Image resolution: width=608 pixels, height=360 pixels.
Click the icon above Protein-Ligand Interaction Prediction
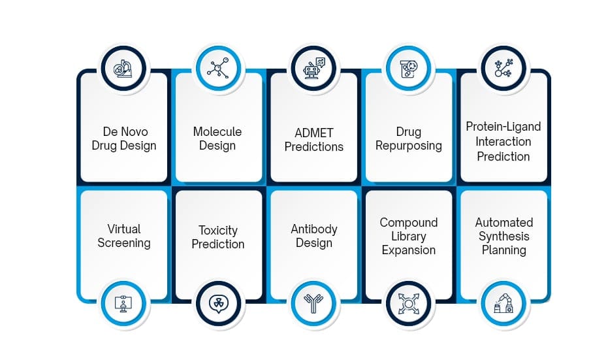(x=504, y=68)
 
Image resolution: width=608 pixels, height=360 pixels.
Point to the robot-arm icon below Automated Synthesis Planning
(x=504, y=303)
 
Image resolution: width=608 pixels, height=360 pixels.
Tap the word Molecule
(x=217, y=131)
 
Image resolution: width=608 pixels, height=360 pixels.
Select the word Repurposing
(x=408, y=146)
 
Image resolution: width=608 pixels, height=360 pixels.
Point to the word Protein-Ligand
(x=503, y=126)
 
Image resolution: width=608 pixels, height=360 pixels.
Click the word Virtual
(x=124, y=229)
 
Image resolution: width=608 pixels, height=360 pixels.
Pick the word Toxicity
(x=218, y=230)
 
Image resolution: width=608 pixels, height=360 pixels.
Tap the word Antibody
(x=314, y=229)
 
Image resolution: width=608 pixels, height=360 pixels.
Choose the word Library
(x=408, y=237)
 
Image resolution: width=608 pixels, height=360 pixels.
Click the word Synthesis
(x=503, y=236)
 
